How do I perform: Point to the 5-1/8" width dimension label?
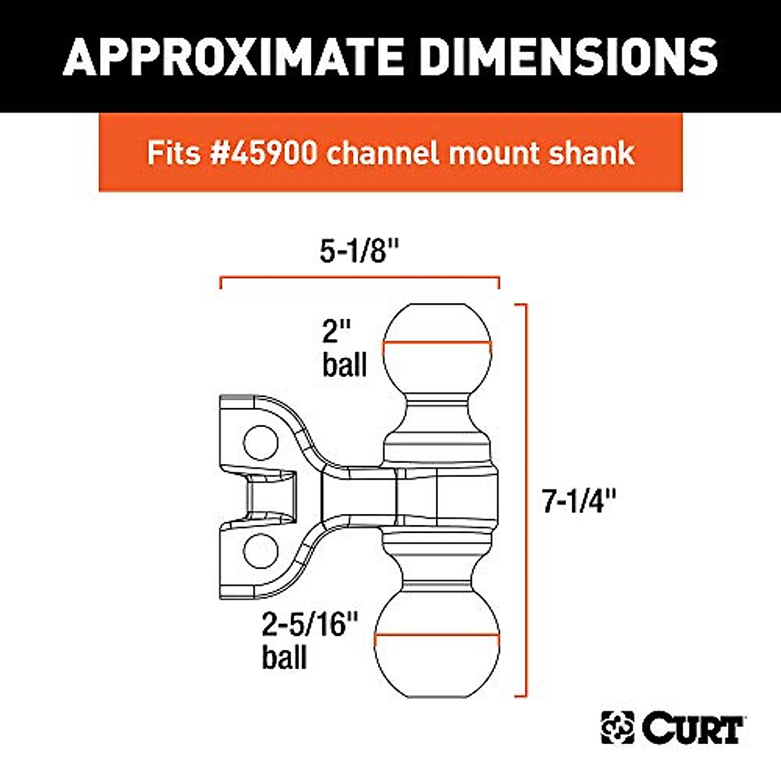click(359, 251)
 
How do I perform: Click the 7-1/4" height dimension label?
click(579, 501)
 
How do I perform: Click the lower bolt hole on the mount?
click(260, 551)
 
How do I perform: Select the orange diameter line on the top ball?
click(436, 343)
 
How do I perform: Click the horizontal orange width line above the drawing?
click(359, 279)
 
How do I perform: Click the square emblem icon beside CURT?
click(617, 728)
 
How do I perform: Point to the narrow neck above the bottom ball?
click(436, 573)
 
